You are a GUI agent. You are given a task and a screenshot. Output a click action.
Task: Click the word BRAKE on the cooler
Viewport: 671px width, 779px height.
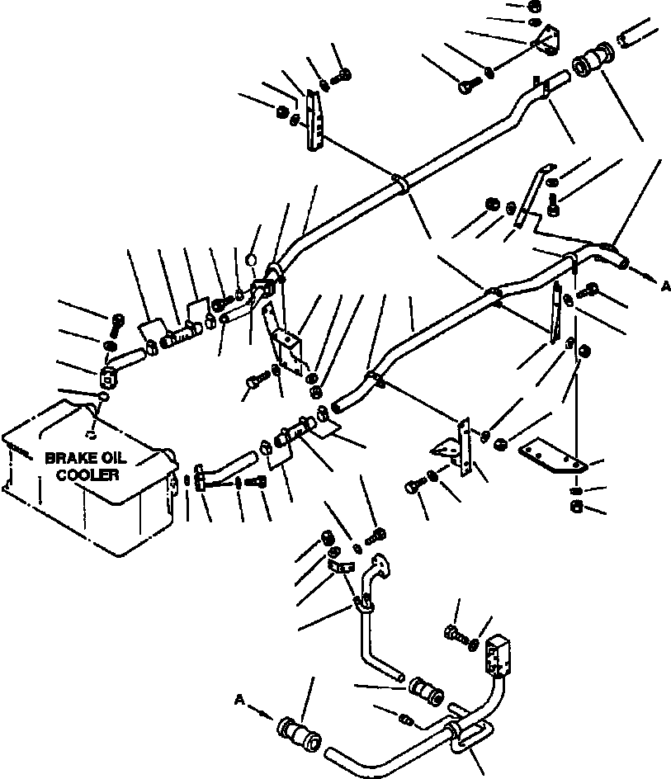(x=69, y=458)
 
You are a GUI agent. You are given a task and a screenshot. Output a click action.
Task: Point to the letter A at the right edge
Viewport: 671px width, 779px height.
(x=664, y=286)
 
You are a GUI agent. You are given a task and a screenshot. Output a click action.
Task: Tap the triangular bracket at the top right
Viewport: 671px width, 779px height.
(x=547, y=39)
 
